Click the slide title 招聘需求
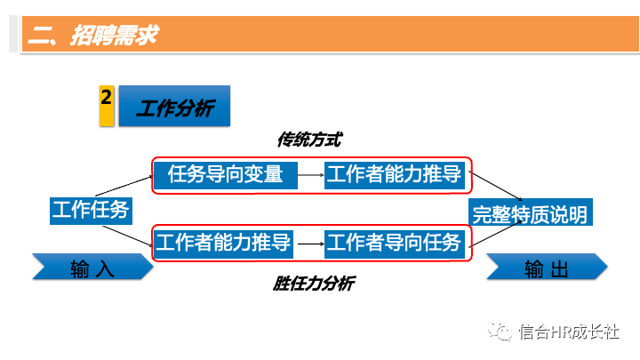tap(92, 36)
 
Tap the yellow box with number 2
tap(106, 105)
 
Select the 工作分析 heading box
tap(174, 107)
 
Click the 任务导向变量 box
tap(225, 175)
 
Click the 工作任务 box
tap(91, 211)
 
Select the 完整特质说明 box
tap(529, 214)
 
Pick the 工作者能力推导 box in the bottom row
tap(225, 242)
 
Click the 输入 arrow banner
tap(92, 268)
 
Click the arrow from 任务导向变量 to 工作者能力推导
tap(310, 176)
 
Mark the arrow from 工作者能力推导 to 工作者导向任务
tap(310, 243)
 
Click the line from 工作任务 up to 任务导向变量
tap(125, 183)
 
